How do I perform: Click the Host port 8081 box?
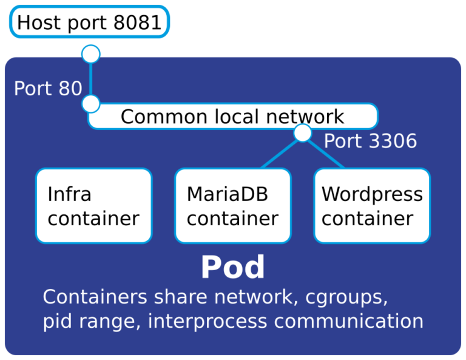pyautogui.click(x=89, y=22)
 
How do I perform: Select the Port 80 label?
pyautogui.click(x=48, y=89)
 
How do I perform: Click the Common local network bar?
pyautogui.click(x=232, y=116)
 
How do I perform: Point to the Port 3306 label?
pyautogui.click(x=370, y=141)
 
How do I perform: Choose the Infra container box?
pyautogui.click(x=93, y=206)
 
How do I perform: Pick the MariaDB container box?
pyautogui.click(x=232, y=206)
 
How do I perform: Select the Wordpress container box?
pyautogui.click(x=371, y=206)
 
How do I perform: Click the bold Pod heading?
pyautogui.click(x=233, y=267)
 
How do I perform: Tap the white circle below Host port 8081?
pyautogui.click(x=90, y=54)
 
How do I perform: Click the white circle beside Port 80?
pyautogui.click(x=91, y=104)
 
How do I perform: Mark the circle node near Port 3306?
pyautogui.click(x=302, y=132)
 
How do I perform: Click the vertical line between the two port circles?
pyautogui.click(x=90, y=79)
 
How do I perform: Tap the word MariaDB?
pyautogui.click(x=228, y=194)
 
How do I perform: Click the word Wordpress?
pyautogui.click(x=372, y=194)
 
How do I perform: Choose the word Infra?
pyautogui.click(x=69, y=194)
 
